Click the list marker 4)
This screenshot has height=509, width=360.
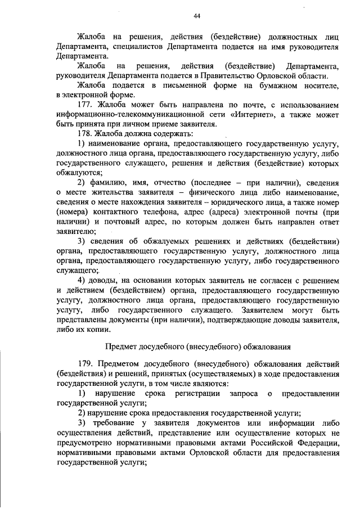click(82, 280)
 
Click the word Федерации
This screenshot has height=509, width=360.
click(317, 442)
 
